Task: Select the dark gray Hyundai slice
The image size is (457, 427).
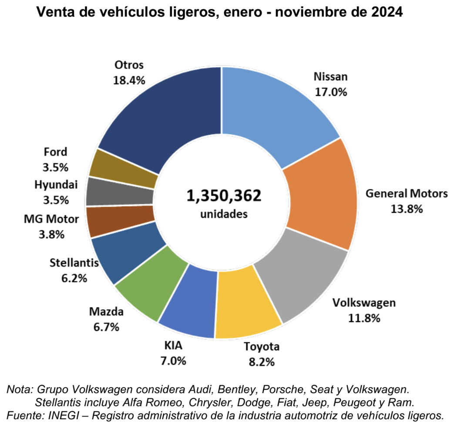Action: click(120, 192)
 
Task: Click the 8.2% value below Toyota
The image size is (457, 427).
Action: click(261, 362)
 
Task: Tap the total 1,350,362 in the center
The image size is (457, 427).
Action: click(224, 196)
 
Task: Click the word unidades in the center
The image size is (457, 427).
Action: click(224, 214)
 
